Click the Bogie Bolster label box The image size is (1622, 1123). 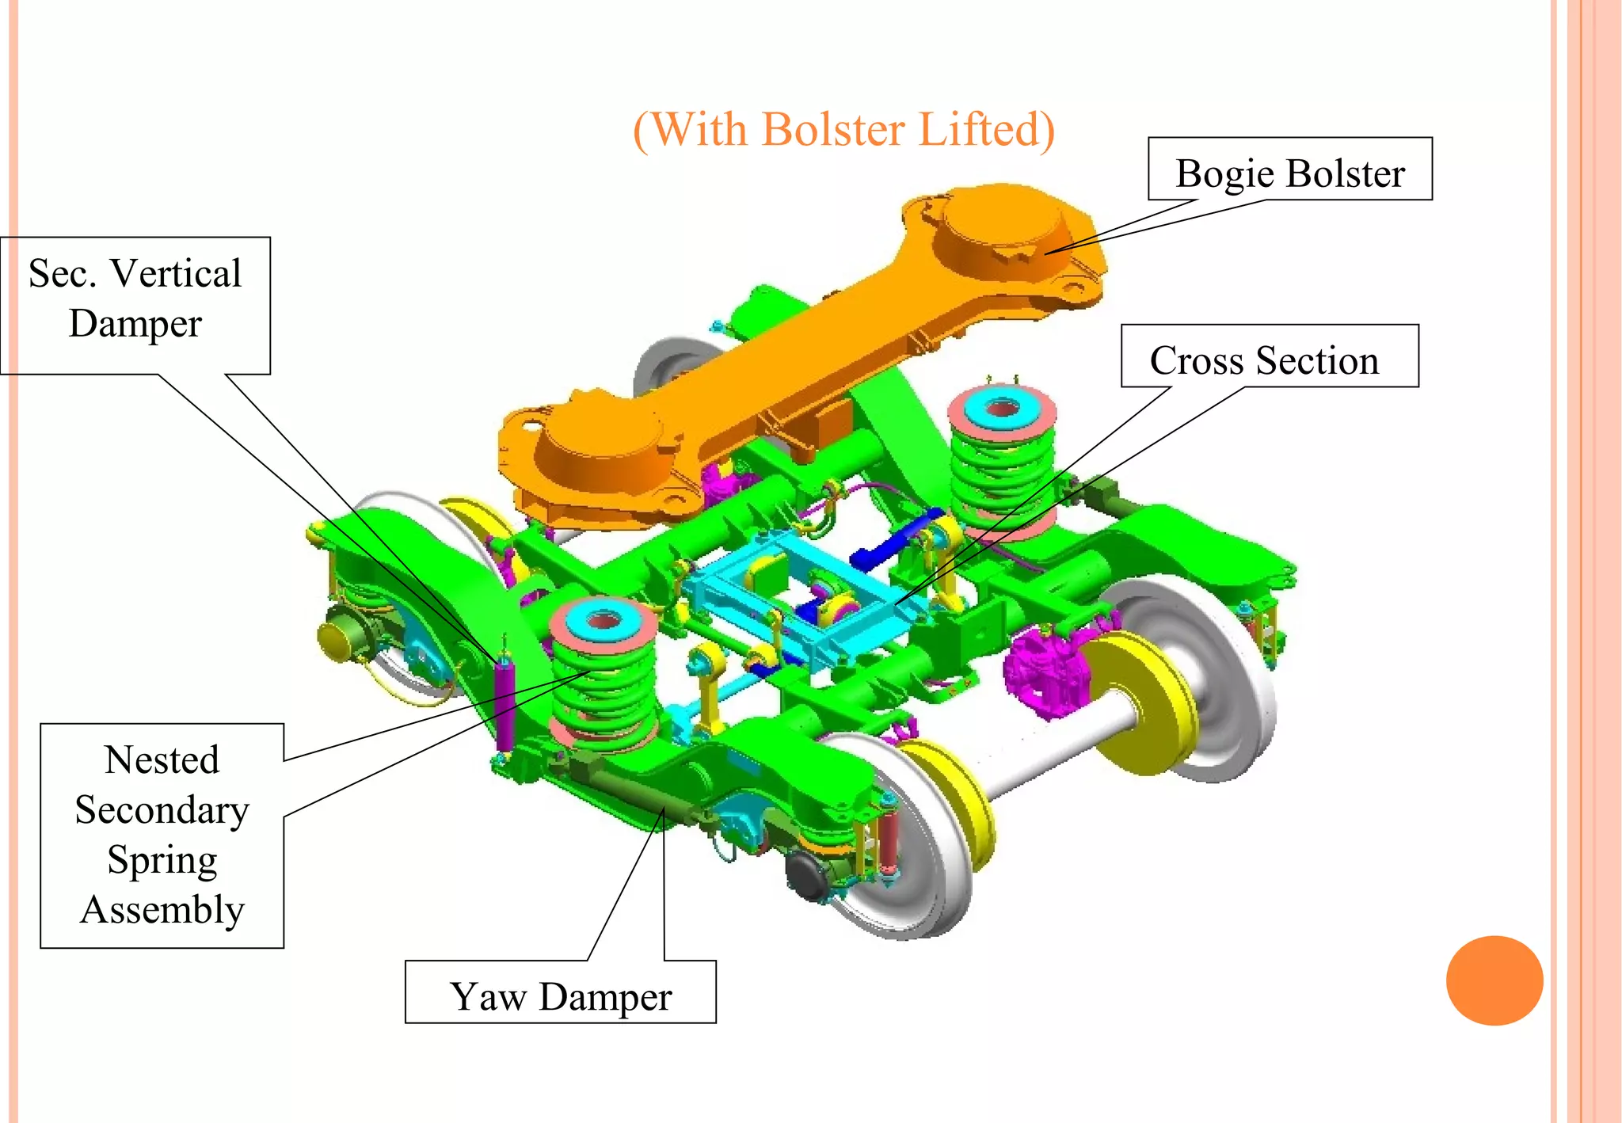[x=1289, y=169]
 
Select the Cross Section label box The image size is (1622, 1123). [x=1269, y=356]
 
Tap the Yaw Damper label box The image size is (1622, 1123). [x=560, y=992]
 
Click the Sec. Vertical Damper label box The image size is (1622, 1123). [x=135, y=305]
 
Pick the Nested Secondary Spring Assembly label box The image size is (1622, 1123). [x=162, y=835]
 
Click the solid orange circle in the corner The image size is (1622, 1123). [x=1494, y=980]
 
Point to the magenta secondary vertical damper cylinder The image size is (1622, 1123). [x=504, y=705]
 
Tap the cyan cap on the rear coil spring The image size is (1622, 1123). [x=1002, y=408]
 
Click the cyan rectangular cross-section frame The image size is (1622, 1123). [x=800, y=602]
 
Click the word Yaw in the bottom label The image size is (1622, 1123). [x=488, y=995]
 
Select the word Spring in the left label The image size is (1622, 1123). [x=162, y=860]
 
